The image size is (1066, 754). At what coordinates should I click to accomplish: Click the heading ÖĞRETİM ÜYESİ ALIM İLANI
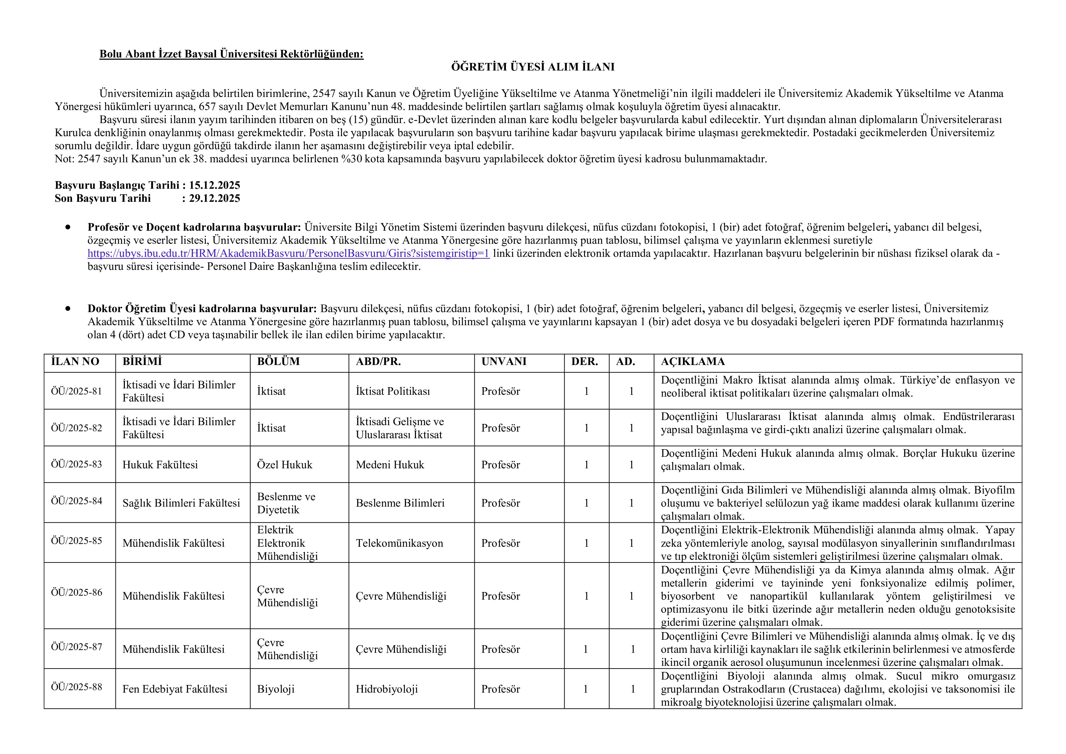tap(532, 67)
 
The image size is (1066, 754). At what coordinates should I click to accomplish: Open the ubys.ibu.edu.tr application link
tap(288, 253)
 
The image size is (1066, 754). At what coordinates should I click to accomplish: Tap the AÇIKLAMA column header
tap(693, 362)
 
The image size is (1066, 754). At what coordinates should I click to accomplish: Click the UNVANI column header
tap(504, 362)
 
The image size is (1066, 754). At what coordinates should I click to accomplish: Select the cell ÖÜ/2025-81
tap(77, 391)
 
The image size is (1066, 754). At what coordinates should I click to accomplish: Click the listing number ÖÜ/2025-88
tap(77, 687)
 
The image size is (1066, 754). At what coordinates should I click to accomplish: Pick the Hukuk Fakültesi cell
tap(160, 465)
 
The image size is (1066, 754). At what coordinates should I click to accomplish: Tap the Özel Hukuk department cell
tap(285, 465)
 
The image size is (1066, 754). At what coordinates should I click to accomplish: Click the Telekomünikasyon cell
tap(399, 543)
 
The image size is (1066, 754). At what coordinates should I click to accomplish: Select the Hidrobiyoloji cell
tap(387, 689)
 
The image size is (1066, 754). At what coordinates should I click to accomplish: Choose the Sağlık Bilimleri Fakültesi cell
tap(181, 503)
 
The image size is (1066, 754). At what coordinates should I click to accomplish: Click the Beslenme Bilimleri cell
tap(400, 503)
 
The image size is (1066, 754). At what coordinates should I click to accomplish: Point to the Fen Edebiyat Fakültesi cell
tap(174, 689)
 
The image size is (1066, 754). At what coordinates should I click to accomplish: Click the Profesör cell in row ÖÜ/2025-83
tap(500, 465)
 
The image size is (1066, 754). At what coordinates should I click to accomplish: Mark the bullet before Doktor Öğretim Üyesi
tap(68, 308)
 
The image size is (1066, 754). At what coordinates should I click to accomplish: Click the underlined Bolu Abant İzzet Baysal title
tap(231, 54)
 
